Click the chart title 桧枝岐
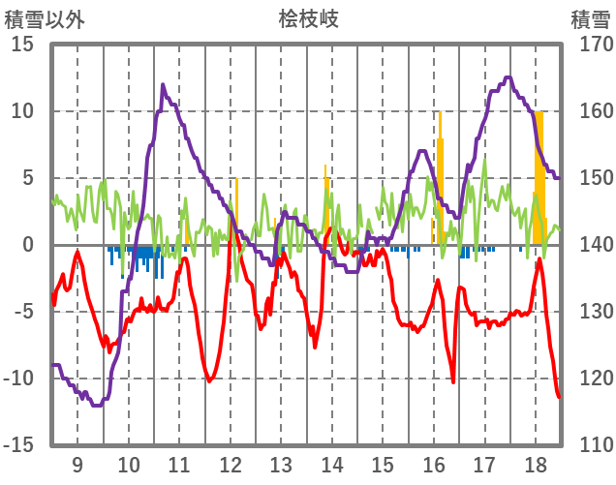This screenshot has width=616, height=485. (309, 18)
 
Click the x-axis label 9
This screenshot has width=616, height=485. (77, 465)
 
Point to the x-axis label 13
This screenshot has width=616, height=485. (281, 465)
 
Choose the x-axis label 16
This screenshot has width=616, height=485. (434, 465)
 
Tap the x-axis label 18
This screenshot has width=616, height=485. (536, 465)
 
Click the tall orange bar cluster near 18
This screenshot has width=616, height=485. (539, 174)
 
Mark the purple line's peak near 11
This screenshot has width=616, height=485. (163, 85)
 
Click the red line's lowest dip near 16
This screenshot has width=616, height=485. (452, 381)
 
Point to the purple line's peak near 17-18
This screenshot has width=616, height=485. (508, 77)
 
